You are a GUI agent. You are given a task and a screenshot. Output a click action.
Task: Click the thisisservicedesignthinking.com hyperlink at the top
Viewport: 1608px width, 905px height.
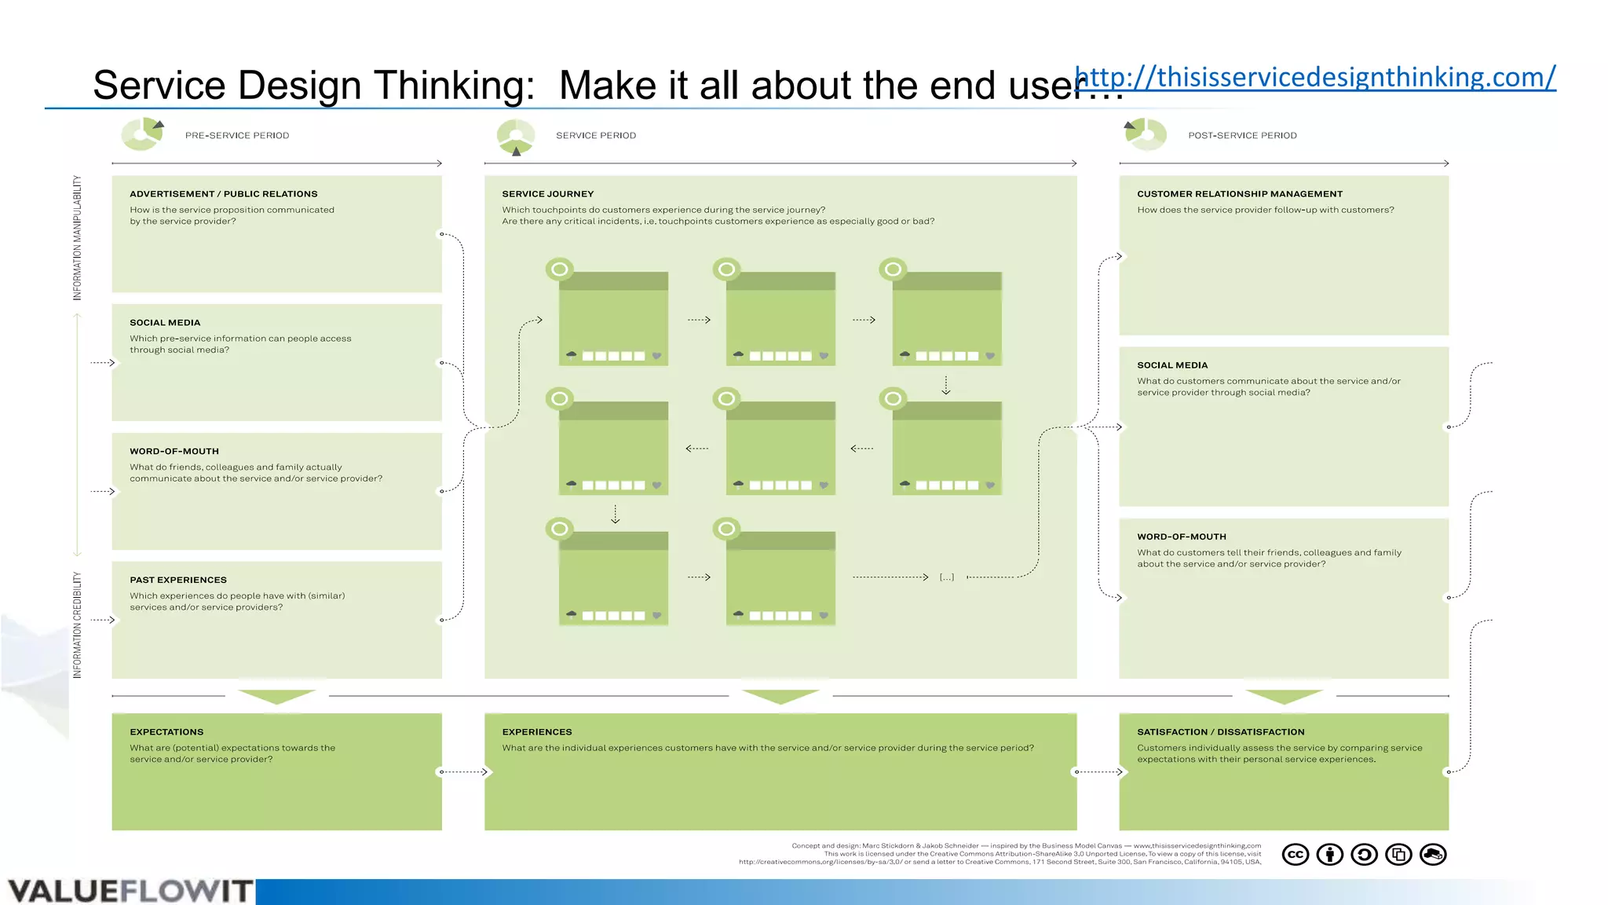click(1315, 77)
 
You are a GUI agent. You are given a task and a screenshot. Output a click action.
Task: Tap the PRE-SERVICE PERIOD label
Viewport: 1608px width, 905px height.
click(237, 135)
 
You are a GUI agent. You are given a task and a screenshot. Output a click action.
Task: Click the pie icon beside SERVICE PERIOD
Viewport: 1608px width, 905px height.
click(516, 136)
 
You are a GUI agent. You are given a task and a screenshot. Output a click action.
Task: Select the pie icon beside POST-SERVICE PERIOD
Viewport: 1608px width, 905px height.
click(1146, 134)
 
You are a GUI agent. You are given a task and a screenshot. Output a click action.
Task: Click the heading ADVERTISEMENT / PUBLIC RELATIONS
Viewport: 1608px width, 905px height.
click(224, 194)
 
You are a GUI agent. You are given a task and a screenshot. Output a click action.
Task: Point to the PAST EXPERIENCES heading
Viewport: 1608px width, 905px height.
click(178, 580)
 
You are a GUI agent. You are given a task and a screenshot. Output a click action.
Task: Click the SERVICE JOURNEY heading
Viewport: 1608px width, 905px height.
click(548, 194)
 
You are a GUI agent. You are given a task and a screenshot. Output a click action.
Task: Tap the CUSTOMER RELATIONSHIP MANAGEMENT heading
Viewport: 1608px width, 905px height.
click(1240, 194)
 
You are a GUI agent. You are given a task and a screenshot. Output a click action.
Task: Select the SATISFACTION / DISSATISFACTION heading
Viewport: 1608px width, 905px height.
click(1220, 731)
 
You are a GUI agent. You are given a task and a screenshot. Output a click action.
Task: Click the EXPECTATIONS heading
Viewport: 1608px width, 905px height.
click(166, 731)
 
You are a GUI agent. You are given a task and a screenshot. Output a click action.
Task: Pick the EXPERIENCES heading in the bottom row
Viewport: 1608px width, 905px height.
click(537, 731)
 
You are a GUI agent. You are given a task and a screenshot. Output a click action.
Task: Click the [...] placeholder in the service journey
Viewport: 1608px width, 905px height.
click(947, 577)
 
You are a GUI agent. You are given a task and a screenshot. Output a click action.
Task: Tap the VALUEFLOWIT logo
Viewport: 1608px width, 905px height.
click(130, 891)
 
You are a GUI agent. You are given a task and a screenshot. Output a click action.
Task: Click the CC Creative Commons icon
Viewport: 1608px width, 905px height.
click(1296, 854)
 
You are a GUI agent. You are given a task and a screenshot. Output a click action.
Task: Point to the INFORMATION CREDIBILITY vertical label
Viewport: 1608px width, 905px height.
click(77, 625)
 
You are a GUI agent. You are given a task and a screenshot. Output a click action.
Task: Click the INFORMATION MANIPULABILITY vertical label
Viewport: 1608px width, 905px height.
click(77, 237)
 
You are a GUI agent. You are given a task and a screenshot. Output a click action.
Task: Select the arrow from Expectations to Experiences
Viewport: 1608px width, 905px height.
click(465, 771)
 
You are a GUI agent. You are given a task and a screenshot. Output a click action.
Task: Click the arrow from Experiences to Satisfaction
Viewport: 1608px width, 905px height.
click(1099, 771)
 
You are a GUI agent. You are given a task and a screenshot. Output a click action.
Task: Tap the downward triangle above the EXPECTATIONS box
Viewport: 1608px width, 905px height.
click(276, 696)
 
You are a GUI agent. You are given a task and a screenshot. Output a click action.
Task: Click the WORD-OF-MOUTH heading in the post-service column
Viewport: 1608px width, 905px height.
click(1182, 537)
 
